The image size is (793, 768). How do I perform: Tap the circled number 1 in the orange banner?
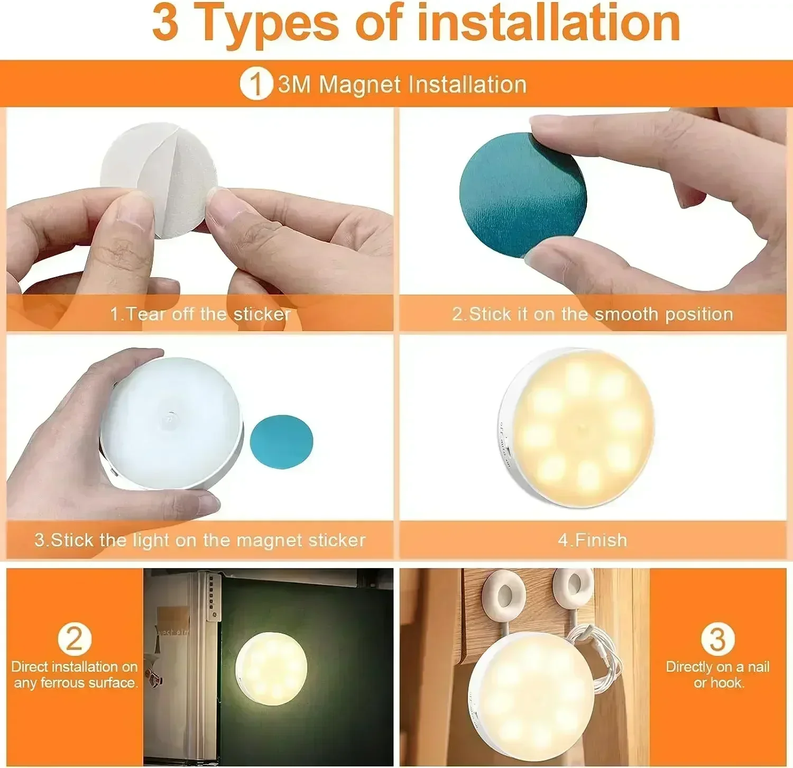pos(255,84)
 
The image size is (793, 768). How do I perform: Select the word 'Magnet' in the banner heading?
pos(360,85)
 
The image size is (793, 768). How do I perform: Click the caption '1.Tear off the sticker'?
pos(200,314)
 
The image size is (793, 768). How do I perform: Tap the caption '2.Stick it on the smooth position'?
pos(592,314)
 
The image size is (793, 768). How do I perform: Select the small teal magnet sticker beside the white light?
pos(281,442)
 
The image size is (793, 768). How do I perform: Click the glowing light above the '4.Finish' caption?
pos(579,427)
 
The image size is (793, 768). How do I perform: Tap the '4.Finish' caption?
pos(592,540)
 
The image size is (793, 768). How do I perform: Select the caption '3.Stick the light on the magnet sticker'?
pos(200,540)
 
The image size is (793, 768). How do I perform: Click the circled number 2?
pos(74,639)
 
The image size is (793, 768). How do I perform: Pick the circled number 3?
pos(717,639)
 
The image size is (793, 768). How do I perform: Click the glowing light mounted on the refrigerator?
pos(271,668)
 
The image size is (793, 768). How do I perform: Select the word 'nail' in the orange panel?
pos(758,667)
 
